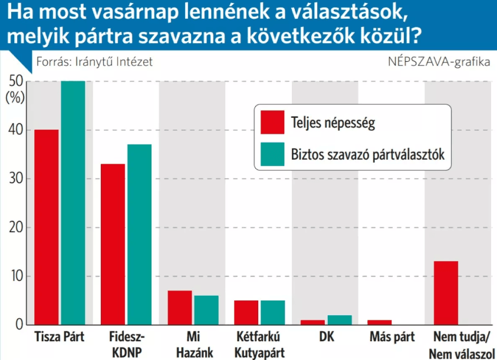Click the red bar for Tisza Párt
pos(47,227)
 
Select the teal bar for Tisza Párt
pos(73,203)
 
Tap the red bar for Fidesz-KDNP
pos(113,244)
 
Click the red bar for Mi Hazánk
pos(179,308)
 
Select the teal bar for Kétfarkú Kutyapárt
pos(272,313)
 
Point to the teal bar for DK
pos(339,320)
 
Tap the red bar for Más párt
pos(379,322)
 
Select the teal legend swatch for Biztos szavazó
pos(272,154)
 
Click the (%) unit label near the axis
pos(15,98)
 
